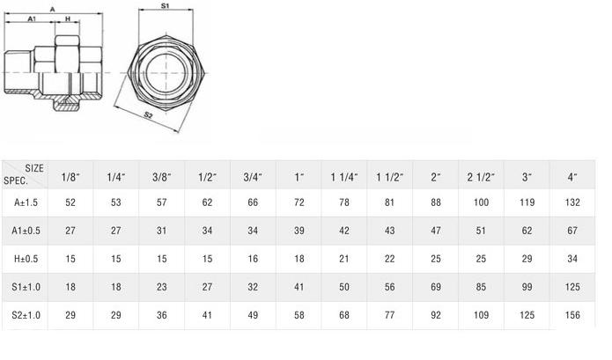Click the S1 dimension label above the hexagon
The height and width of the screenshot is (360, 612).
(166, 6)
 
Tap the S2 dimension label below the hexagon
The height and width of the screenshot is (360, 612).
(148, 114)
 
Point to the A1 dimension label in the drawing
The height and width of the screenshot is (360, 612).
(32, 18)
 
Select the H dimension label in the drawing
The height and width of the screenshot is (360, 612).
(68, 18)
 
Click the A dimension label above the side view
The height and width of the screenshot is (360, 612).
(53, 10)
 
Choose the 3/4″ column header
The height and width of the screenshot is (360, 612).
(253, 177)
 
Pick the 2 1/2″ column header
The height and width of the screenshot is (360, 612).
(481, 177)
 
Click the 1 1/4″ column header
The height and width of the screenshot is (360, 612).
(344, 177)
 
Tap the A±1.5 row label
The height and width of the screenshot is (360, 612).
(26, 202)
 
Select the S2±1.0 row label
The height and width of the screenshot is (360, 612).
(26, 315)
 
